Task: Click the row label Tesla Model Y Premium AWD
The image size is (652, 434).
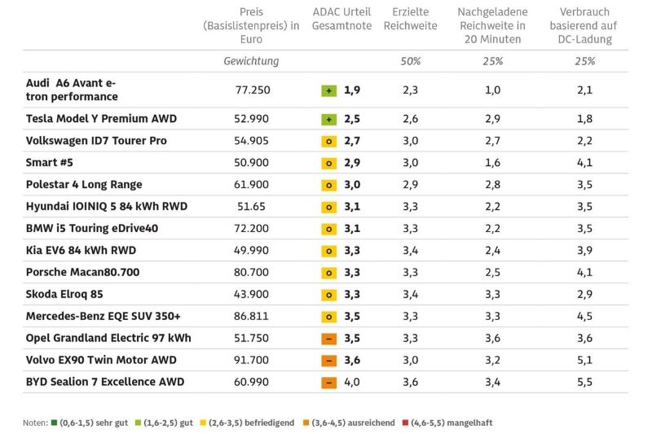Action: pyautogui.click(x=101, y=119)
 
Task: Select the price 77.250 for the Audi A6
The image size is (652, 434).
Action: pyautogui.click(x=252, y=90)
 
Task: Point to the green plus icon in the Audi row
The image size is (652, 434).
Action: pyautogui.click(x=328, y=91)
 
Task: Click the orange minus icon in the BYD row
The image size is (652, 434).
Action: pyautogui.click(x=328, y=382)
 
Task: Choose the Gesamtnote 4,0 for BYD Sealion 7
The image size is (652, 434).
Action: pyautogui.click(x=351, y=382)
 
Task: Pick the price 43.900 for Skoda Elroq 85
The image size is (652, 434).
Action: pyautogui.click(x=252, y=294)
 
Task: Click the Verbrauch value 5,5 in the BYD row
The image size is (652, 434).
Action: pyautogui.click(x=584, y=382)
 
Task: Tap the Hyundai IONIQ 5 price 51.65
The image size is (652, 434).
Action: pyautogui.click(x=252, y=206)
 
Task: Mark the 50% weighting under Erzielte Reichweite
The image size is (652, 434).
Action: pyautogui.click(x=411, y=61)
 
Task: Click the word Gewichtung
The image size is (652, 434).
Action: pyautogui.click(x=251, y=61)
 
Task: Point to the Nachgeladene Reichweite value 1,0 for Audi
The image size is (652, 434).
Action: pyautogui.click(x=492, y=90)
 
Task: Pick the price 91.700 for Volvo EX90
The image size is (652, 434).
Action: pyautogui.click(x=252, y=360)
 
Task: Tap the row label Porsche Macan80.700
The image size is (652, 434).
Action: pyautogui.click(x=82, y=272)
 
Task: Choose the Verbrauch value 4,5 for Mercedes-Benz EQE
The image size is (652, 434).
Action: pyautogui.click(x=584, y=316)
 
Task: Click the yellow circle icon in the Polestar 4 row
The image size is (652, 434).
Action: pyautogui.click(x=328, y=185)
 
